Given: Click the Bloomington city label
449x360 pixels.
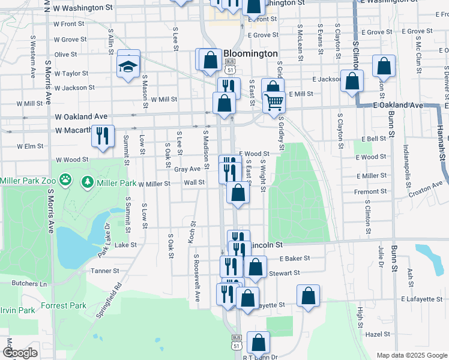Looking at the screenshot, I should coord(250,53).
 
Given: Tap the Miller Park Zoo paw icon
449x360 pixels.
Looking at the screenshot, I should coord(65,180).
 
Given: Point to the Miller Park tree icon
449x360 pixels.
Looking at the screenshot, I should coord(88,181).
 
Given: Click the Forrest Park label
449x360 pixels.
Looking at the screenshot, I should coord(64,305).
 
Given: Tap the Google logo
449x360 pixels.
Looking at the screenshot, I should coord(20,353).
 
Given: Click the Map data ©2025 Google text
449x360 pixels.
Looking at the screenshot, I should coord(411,355).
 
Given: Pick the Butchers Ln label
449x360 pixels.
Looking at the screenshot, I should coord(30,283).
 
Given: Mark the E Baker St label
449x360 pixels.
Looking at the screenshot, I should coord(294,258).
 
